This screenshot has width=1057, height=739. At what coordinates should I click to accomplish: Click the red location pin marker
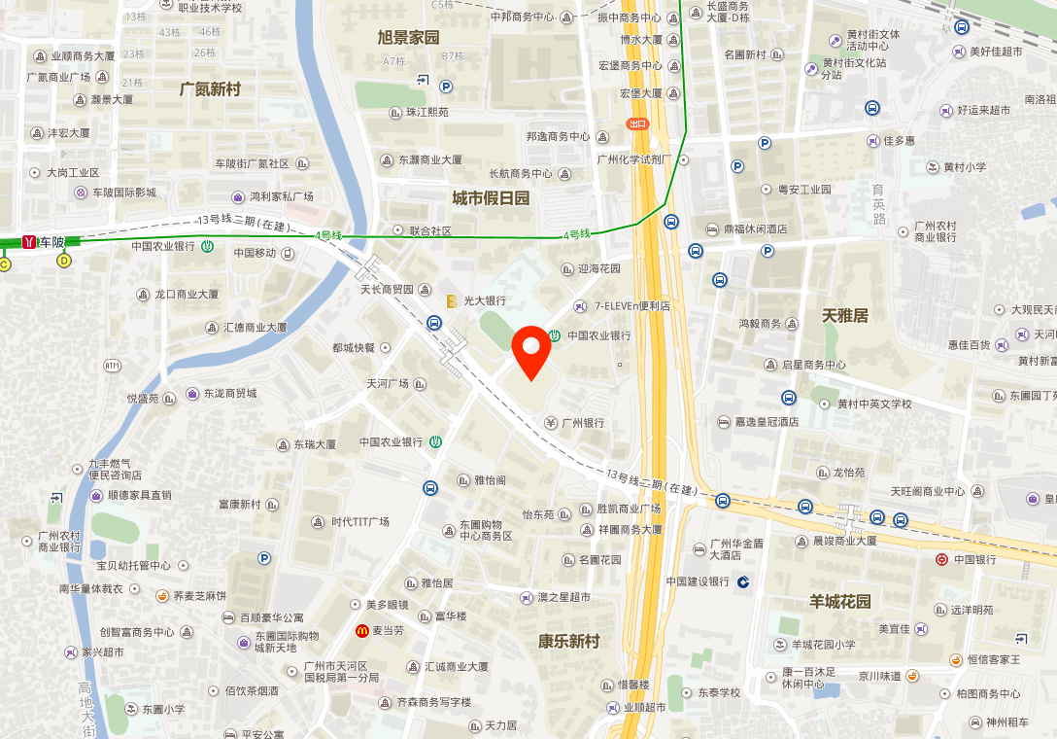point(531,353)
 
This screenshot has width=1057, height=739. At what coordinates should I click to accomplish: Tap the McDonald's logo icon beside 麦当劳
point(361,631)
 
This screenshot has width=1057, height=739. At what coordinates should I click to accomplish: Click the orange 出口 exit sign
point(637,123)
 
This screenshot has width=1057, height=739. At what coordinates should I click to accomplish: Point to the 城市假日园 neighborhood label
point(491,198)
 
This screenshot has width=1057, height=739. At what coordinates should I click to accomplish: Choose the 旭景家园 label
point(408,38)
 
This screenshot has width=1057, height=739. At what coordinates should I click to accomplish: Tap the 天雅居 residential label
point(845,315)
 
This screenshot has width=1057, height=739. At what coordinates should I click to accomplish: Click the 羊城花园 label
point(840,601)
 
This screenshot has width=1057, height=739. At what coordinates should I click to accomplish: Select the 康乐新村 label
point(569,642)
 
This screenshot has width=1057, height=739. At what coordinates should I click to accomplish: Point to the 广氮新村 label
point(210,89)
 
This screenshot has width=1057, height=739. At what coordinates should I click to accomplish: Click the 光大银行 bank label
point(485,301)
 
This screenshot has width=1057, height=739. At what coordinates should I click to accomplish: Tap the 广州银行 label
point(583,423)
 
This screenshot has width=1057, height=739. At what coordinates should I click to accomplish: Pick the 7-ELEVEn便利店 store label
point(631,306)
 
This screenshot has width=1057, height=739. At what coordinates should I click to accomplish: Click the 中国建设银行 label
point(698,581)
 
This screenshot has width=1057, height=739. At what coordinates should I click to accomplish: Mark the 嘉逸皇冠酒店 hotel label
point(767,422)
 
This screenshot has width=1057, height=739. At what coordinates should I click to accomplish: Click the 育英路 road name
point(878,204)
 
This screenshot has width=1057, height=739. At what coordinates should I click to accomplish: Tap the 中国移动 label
point(256,254)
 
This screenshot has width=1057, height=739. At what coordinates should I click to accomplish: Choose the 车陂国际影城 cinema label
point(124,193)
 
